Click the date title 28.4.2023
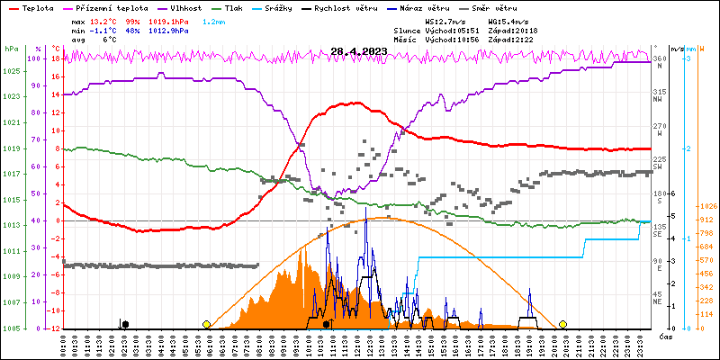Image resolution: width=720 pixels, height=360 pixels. pyautogui.click(x=358, y=51)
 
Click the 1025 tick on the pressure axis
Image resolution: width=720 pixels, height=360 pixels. pyautogui.click(x=11, y=71)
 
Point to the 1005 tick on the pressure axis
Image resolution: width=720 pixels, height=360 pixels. pyautogui.click(x=11, y=328)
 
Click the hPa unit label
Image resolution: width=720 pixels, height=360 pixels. pyautogui.click(x=11, y=49)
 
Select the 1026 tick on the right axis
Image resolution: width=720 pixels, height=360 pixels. pyautogui.click(x=706, y=207)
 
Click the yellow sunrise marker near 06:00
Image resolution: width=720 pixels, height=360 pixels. pyautogui.click(x=207, y=324)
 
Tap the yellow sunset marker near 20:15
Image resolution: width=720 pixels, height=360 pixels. pyautogui.click(x=563, y=324)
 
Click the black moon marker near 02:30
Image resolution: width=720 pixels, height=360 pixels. pyautogui.click(x=125, y=324)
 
